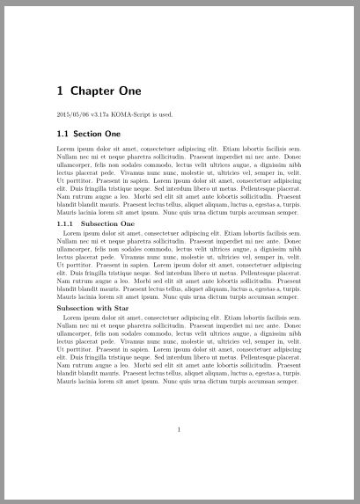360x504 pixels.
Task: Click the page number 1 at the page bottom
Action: pos(179,430)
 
